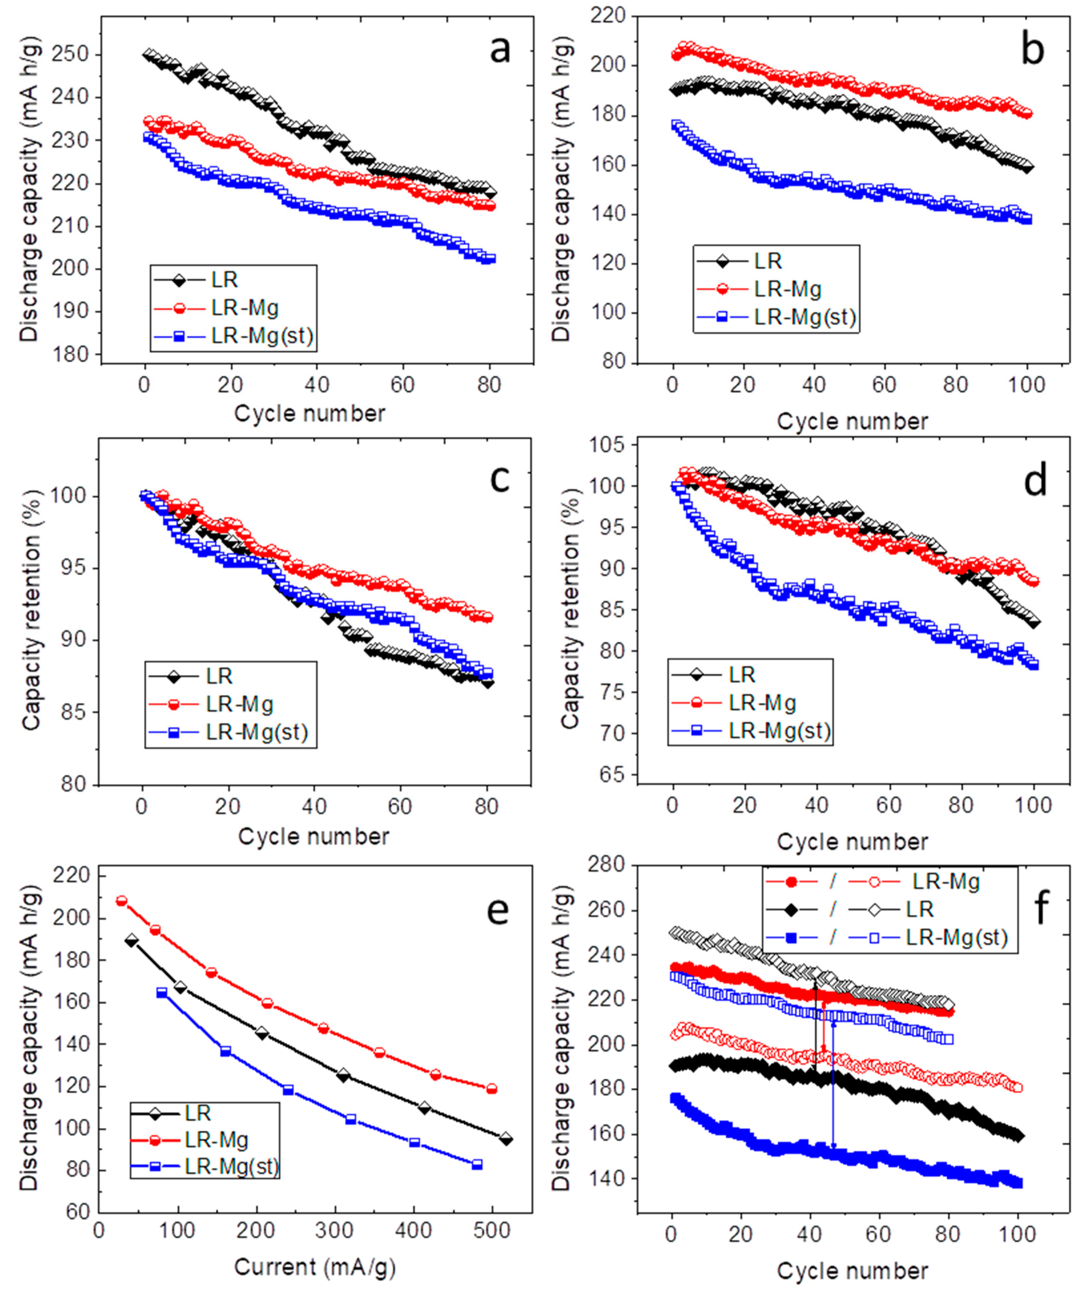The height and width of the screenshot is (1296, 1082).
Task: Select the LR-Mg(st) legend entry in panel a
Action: [261, 336]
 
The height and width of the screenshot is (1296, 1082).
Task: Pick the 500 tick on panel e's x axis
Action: [492, 1230]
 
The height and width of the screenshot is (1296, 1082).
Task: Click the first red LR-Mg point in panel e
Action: [121, 901]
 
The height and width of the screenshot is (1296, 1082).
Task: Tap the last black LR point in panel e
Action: [506, 1139]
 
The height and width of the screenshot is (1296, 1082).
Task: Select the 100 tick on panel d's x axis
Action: [1034, 806]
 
